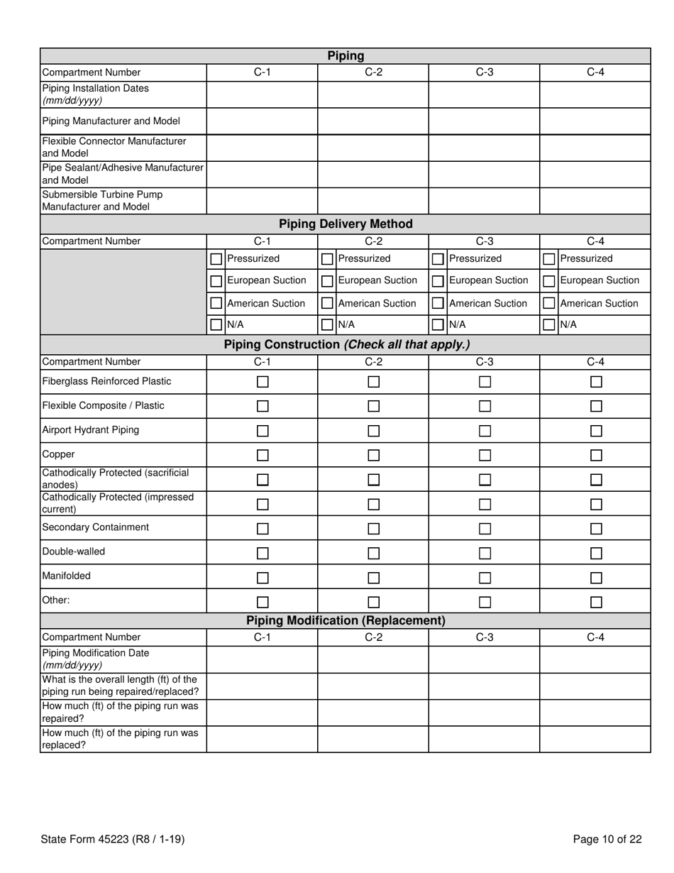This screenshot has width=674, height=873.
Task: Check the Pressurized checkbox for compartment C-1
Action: (x=216, y=260)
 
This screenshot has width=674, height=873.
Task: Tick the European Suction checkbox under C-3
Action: (x=438, y=281)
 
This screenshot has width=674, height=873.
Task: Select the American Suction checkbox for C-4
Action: (x=549, y=303)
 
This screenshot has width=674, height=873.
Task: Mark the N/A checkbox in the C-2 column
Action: (x=327, y=325)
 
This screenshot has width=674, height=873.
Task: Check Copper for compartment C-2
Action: (x=374, y=455)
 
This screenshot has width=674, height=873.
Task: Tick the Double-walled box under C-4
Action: (x=596, y=553)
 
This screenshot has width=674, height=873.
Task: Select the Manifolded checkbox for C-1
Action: (x=263, y=578)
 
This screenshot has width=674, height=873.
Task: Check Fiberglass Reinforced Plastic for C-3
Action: (x=485, y=382)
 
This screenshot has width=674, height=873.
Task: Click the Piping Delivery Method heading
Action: (x=346, y=224)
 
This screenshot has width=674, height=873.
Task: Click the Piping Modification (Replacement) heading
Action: (x=346, y=621)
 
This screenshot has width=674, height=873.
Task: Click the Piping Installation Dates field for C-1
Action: (x=262, y=94)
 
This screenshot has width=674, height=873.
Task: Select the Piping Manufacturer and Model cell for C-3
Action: (x=484, y=121)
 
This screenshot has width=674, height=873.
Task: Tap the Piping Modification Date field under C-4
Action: (x=595, y=659)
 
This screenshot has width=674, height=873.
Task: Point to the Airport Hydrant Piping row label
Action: (x=91, y=430)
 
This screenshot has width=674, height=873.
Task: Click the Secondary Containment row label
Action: (x=96, y=527)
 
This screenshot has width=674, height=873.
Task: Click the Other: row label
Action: (x=56, y=600)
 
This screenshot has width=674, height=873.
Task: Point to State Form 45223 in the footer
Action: (x=113, y=840)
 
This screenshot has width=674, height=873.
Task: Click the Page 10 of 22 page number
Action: (x=607, y=840)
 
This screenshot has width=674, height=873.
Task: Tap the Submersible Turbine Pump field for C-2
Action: (x=372, y=201)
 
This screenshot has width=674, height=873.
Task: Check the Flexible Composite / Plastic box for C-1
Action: (x=263, y=407)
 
